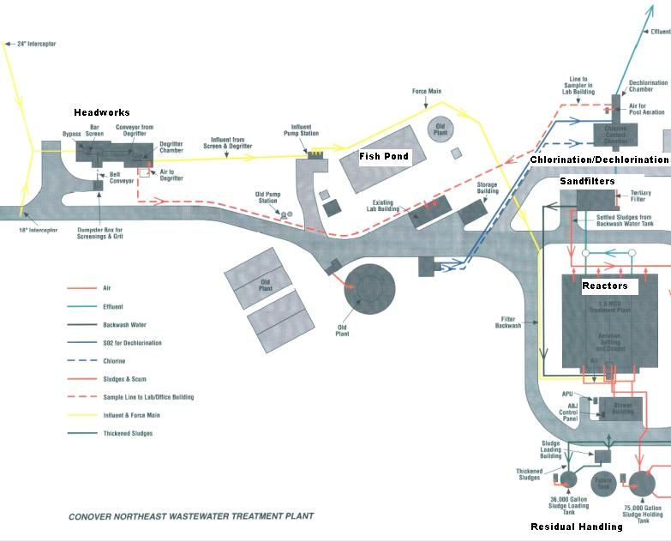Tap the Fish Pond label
pyautogui.click(x=384, y=156)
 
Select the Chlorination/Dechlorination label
pyautogui.click(x=598, y=160)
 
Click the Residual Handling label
pyautogui.click(x=577, y=527)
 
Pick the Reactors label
pyautogui.click(x=605, y=286)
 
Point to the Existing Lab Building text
pyautogui.click(x=385, y=205)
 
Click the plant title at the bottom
pyautogui.click(x=191, y=516)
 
